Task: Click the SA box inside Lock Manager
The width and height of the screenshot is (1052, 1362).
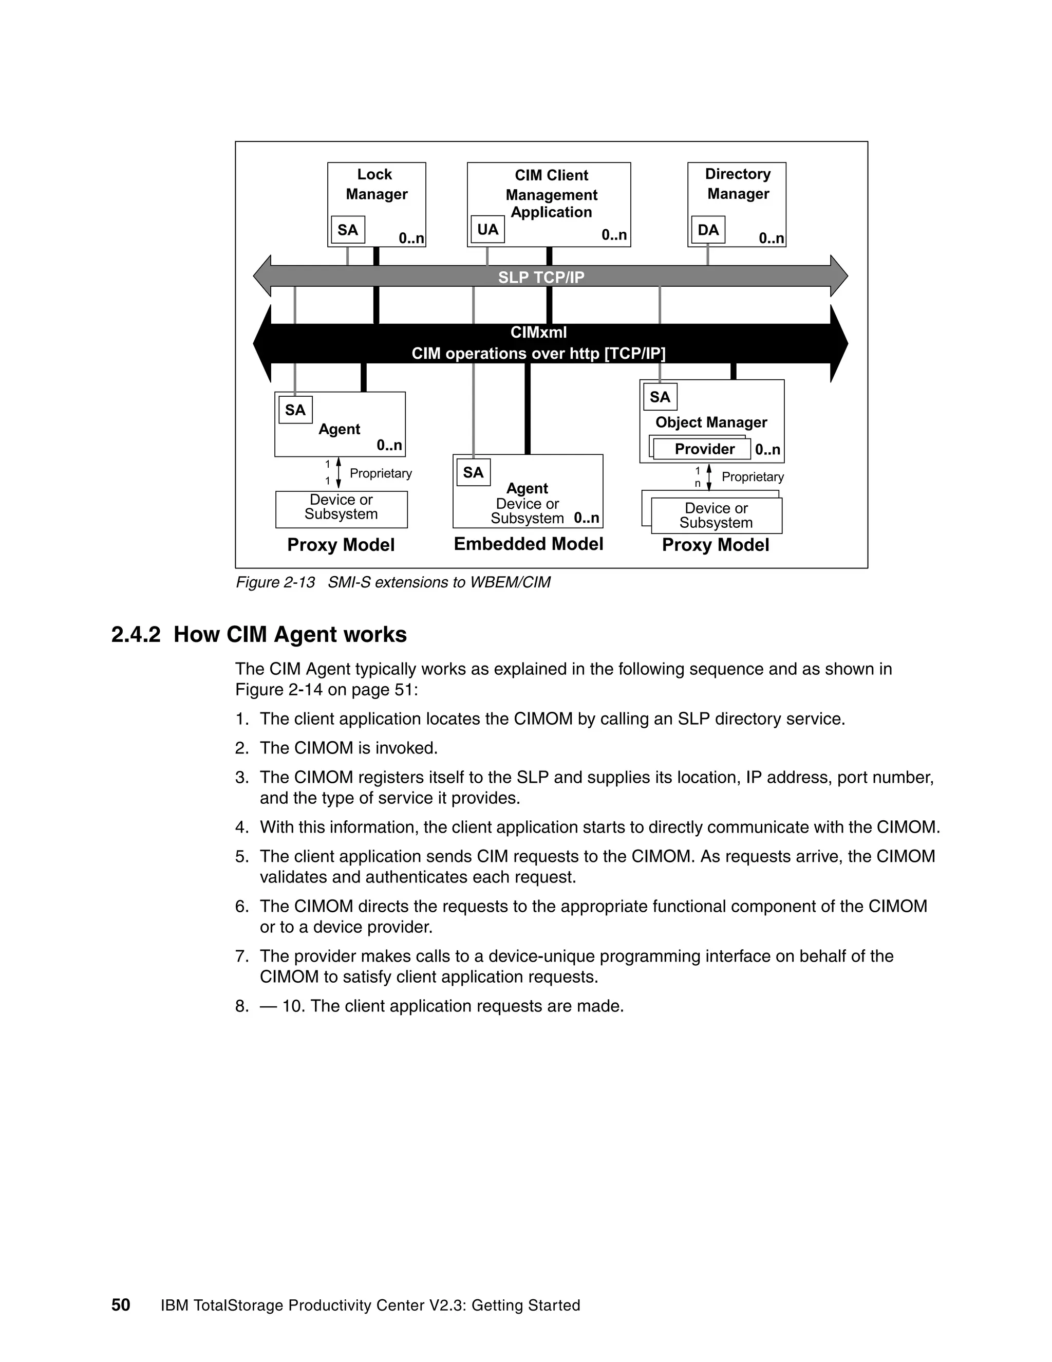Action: (348, 230)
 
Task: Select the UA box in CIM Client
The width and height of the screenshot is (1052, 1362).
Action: (487, 230)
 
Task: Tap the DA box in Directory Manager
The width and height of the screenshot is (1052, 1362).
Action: (708, 230)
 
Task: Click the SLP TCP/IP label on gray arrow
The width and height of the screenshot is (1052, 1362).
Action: (541, 277)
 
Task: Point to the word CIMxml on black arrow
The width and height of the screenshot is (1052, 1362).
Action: (538, 333)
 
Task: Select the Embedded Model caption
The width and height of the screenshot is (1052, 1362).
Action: (529, 544)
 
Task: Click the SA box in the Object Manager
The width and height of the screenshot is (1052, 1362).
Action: (660, 397)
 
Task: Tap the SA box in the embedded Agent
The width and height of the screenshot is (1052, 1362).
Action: (473, 472)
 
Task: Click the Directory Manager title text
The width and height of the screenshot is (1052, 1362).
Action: (738, 184)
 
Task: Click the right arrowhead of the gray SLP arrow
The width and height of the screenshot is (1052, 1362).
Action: (839, 275)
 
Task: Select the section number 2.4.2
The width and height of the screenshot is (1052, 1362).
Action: (136, 635)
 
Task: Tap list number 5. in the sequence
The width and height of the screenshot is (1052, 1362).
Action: (242, 856)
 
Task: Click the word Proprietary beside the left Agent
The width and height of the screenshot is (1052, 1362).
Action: (381, 473)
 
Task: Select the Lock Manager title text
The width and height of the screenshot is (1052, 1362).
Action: (376, 184)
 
